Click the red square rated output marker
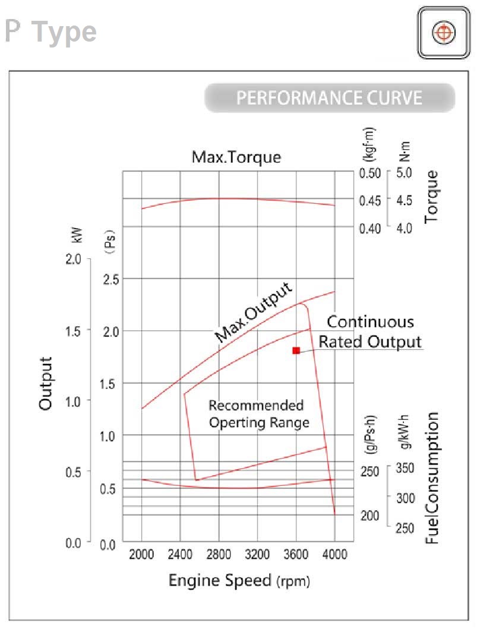pos(296,350)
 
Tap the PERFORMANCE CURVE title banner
pos(330,98)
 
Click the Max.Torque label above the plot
pos(236,157)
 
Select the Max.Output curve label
pos(254,312)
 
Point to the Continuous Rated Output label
pos(371,332)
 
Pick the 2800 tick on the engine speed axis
pos(219,555)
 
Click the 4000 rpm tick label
pos(335,555)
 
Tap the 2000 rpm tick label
pos(142,555)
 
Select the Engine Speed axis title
pos(239,580)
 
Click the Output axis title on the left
pos(46,383)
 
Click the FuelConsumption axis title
pos(432,478)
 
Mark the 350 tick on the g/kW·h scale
pos(405,468)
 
